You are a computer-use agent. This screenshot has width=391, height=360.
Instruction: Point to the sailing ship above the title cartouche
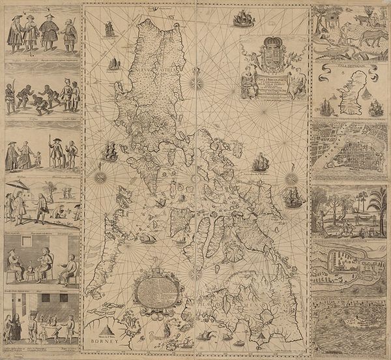242,17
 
